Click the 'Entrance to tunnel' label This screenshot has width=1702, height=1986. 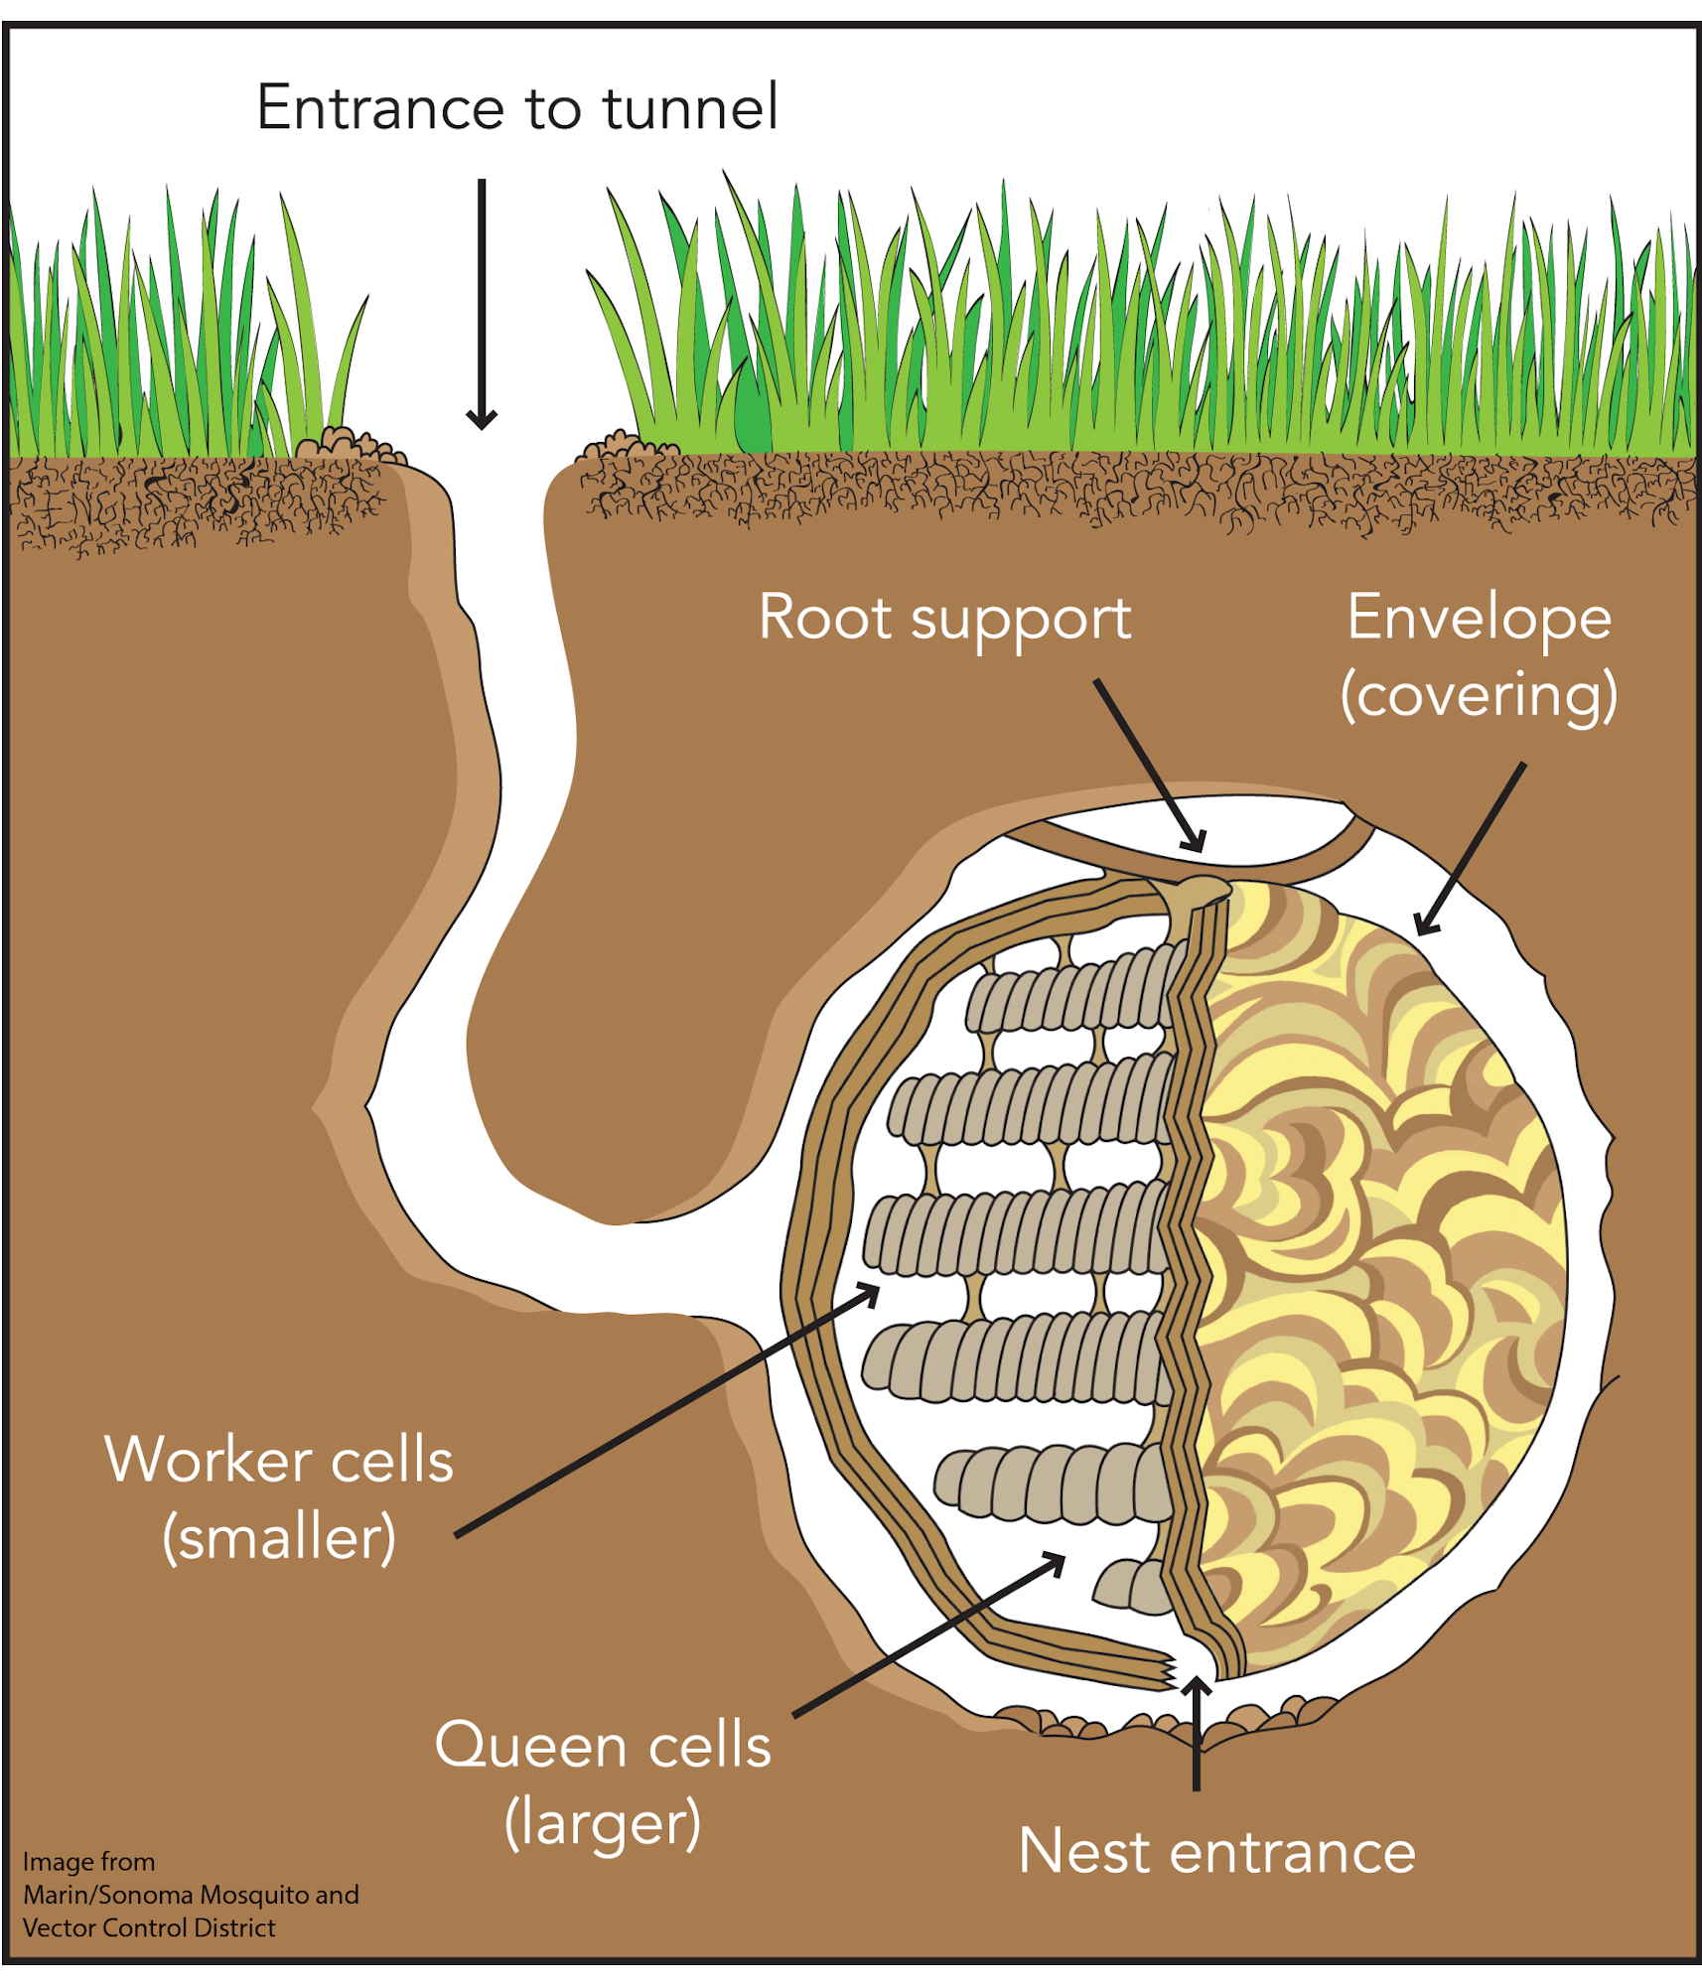516,107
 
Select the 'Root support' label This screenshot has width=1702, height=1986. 944,618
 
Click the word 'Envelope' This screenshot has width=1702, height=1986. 1479,618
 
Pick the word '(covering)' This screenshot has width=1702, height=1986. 1479,695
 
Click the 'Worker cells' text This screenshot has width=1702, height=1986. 279,1461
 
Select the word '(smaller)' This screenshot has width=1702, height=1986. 279,1538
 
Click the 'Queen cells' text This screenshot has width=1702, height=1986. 603,1746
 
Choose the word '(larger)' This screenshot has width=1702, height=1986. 603,1823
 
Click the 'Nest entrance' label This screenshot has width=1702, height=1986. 1217,1852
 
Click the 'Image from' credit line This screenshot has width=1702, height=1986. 88,1862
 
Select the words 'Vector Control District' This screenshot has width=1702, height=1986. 149,1928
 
